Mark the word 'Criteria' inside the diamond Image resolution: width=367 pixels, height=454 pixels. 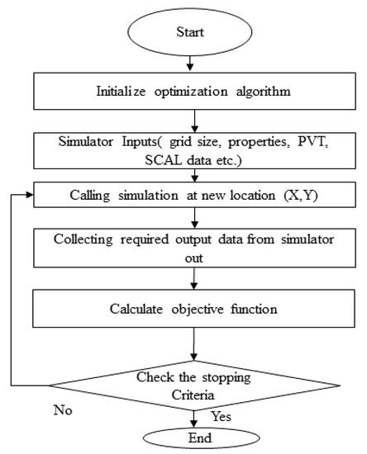click(x=191, y=392)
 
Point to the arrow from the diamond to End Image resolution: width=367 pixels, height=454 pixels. click(x=191, y=417)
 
